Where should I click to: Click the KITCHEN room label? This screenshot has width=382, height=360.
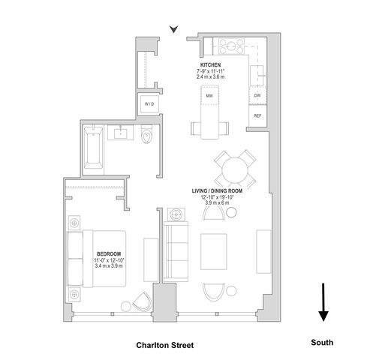[210, 65]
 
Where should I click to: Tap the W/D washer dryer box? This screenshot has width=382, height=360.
[149, 104]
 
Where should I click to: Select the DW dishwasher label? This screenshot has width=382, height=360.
[257, 95]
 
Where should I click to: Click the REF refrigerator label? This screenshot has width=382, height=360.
[257, 116]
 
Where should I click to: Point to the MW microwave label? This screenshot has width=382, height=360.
[209, 96]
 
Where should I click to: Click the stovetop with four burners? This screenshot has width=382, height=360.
[231, 46]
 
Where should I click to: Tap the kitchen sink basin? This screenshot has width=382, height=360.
[257, 76]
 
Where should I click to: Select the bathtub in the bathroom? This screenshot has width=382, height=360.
[93, 148]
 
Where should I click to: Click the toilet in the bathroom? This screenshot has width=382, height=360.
[146, 134]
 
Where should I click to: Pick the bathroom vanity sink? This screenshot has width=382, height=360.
[120, 133]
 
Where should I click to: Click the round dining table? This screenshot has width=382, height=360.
[235, 169]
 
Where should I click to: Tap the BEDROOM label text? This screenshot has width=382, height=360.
[109, 254]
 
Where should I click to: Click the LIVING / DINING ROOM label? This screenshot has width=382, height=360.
[217, 191]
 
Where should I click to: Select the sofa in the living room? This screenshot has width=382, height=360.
[176, 251]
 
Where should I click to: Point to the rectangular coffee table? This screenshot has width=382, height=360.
[214, 251]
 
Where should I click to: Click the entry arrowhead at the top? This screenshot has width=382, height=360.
[173, 29]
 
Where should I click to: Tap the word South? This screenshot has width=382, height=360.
[322, 342]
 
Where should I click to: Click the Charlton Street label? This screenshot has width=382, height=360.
[165, 345]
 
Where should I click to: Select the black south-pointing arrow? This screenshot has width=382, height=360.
[323, 302]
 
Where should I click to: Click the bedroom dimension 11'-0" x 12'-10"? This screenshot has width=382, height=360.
[109, 260]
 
